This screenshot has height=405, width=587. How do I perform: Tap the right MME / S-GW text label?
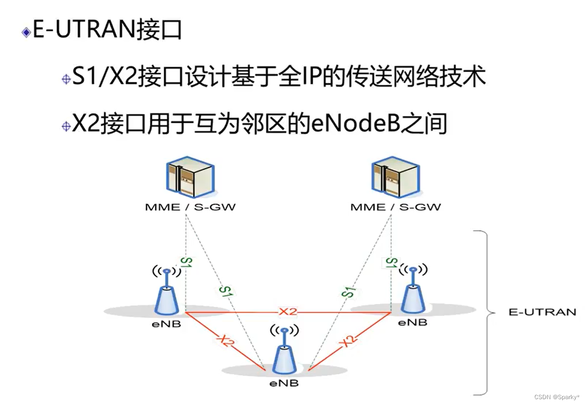pos(395,207)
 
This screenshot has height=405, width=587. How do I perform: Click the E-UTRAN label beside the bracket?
pos(542,312)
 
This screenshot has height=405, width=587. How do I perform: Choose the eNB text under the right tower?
pos(413,323)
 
